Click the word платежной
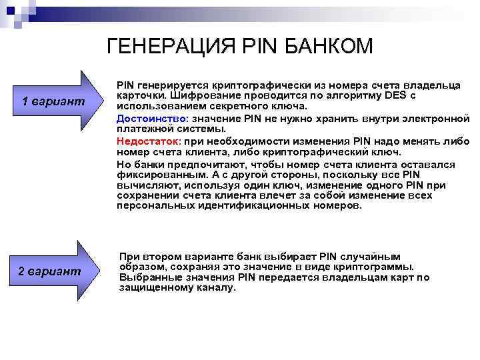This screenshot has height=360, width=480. pyautogui.click(x=141, y=129)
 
